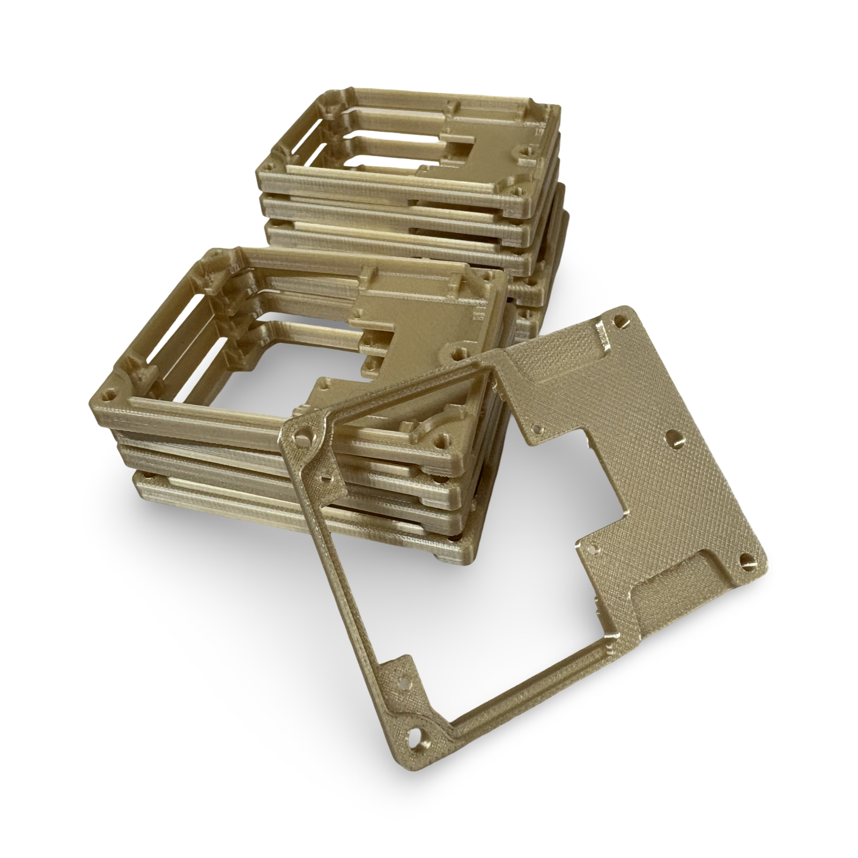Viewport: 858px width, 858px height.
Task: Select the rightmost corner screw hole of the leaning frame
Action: [x=745, y=560]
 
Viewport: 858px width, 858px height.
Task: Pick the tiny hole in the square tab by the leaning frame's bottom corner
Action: [x=401, y=684]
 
